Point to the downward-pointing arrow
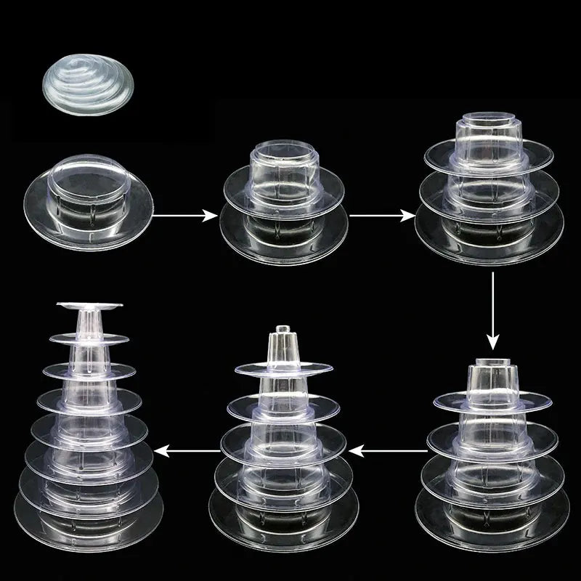[x=494, y=309]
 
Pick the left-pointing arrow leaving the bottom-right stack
[x=393, y=452]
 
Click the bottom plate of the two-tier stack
[x=283, y=236]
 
